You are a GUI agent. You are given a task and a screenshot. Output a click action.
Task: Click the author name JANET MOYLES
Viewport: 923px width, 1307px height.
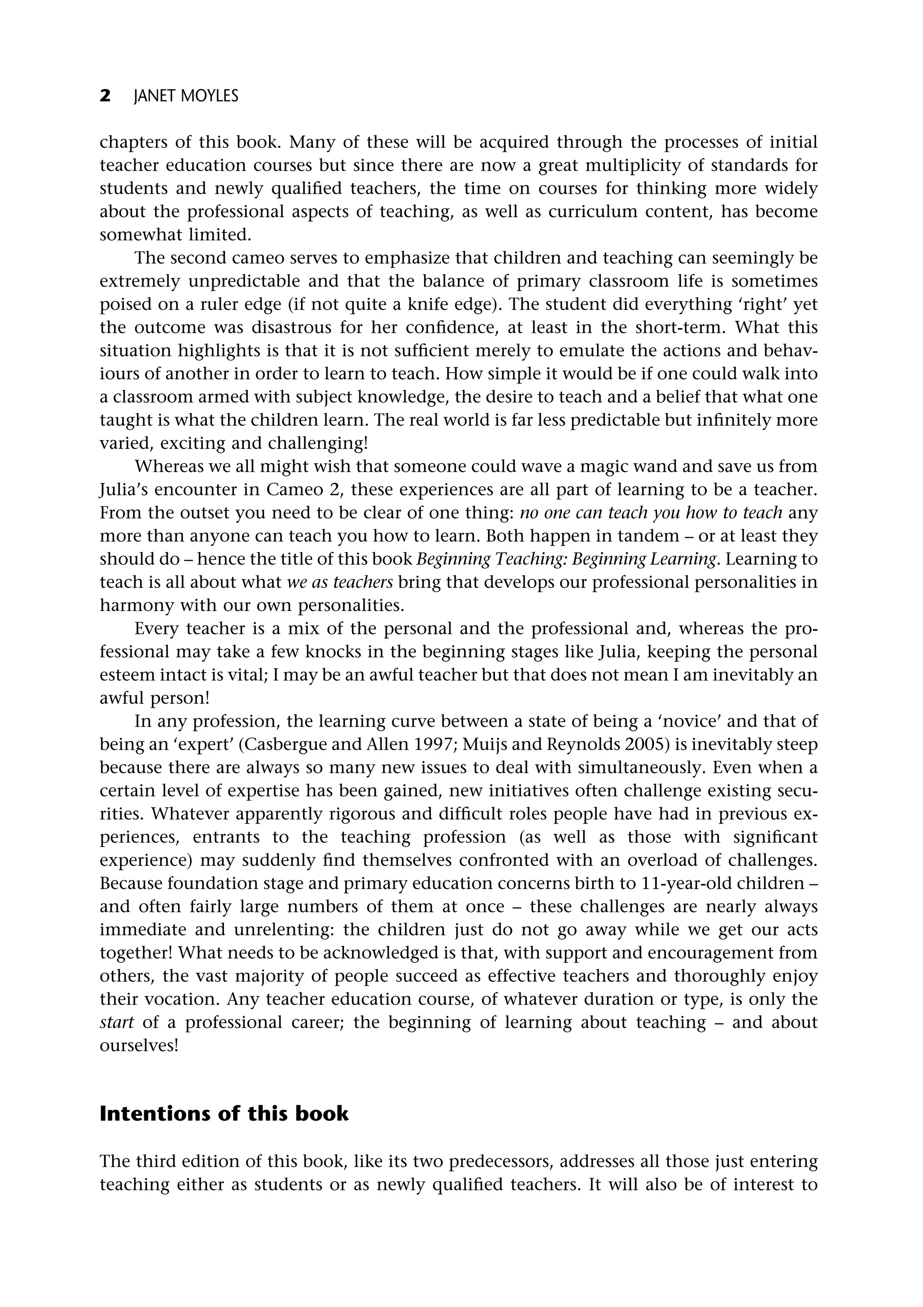click(x=186, y=97)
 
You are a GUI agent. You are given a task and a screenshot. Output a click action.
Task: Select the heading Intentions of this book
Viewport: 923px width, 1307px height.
click(x=224, y=1113)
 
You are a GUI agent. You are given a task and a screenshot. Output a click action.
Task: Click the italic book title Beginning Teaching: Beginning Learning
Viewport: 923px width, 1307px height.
click(x=567, y=560)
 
